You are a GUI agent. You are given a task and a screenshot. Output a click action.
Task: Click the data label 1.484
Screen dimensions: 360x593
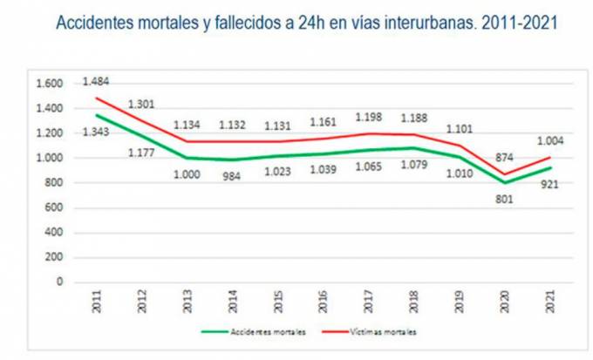coord(96,81)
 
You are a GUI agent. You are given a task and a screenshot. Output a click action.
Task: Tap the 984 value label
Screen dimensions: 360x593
coord(232,174)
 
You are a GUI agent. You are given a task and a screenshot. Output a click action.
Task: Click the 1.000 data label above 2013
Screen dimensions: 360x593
coord(187,173)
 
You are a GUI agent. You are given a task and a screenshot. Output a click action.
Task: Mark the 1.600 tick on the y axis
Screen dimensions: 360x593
coord(51,84)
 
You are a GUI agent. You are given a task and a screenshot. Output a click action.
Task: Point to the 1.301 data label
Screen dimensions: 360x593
coord(142,104)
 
